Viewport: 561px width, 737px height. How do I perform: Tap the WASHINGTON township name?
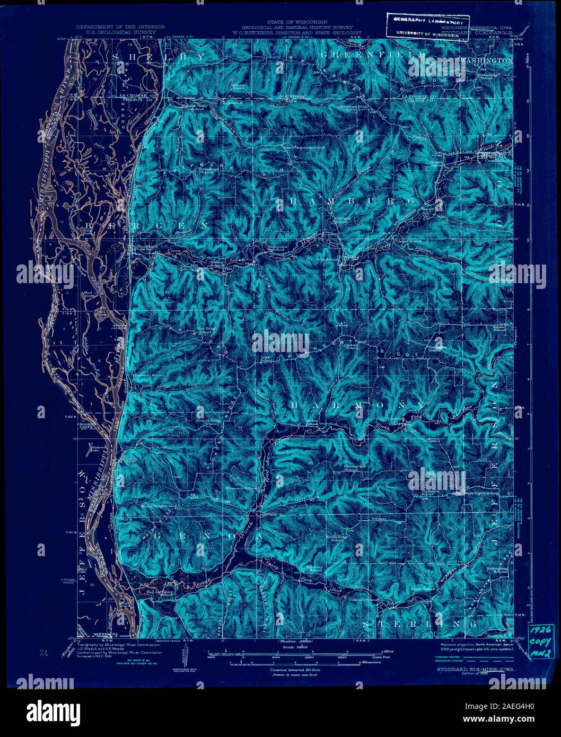486,61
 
